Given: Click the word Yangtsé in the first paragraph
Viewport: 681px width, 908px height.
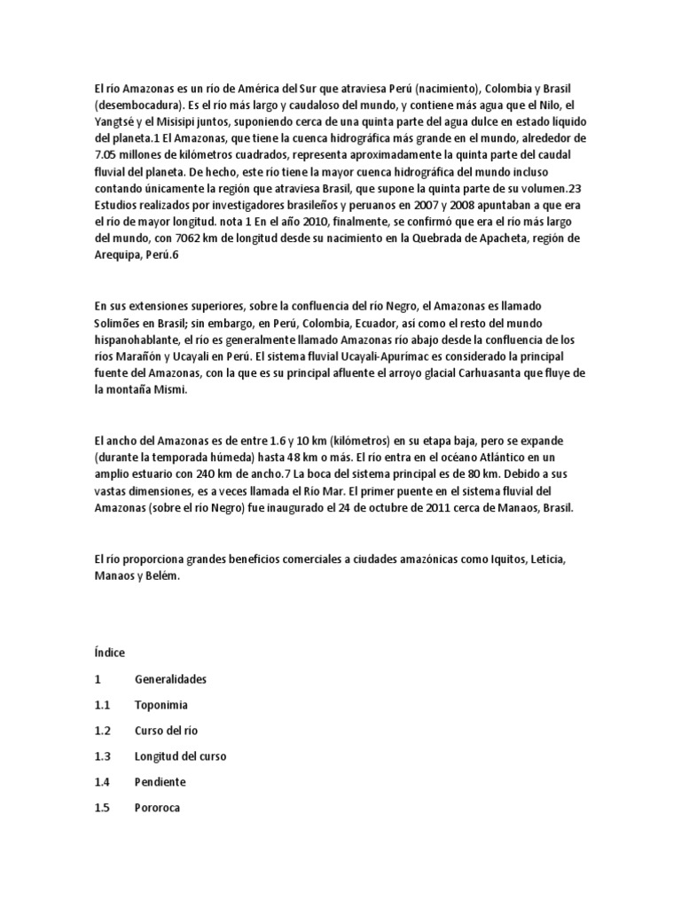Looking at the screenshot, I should [114, 121].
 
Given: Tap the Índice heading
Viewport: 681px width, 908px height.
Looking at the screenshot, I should [109, 653].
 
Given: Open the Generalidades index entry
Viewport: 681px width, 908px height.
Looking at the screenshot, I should [170, 679].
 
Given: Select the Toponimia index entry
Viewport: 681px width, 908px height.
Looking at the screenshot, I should [160, 705].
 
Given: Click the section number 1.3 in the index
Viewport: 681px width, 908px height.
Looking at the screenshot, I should [101, 757].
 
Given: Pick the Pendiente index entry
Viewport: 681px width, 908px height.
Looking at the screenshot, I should [160, 783].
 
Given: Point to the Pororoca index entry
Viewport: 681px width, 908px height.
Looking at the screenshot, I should [158, 809].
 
